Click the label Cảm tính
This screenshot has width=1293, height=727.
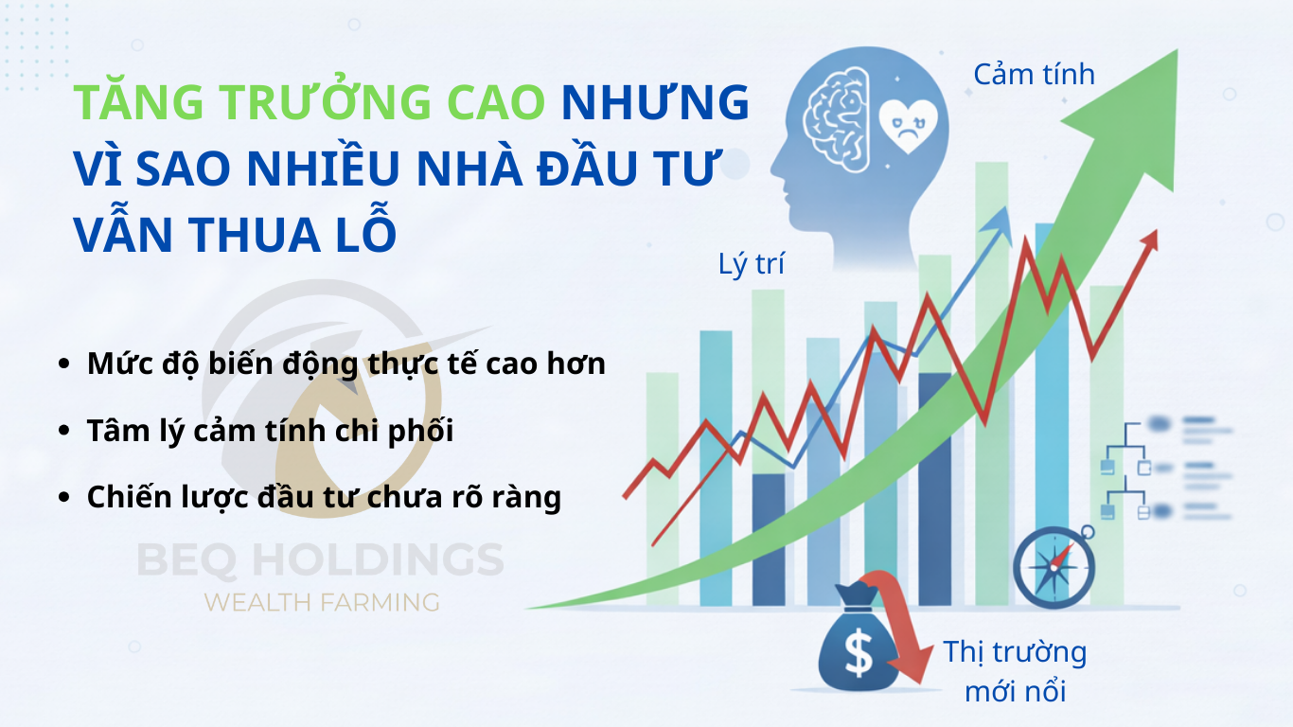pos(1034,75)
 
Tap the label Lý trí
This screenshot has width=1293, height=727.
pos(751,264)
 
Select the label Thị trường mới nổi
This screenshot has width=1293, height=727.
pos(1016,671)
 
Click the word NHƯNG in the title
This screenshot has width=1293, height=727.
pos(655,102)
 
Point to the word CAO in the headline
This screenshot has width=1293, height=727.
pos(496,103)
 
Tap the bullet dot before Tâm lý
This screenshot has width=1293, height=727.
pos(63,430)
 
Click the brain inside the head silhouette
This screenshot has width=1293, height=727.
pos(837,120)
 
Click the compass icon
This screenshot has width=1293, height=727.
pos(1054,567)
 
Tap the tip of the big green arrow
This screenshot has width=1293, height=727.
pos(1177,50)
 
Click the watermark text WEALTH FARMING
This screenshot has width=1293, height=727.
pos(322,603)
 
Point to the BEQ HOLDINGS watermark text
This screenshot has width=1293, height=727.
pos(320,559)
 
